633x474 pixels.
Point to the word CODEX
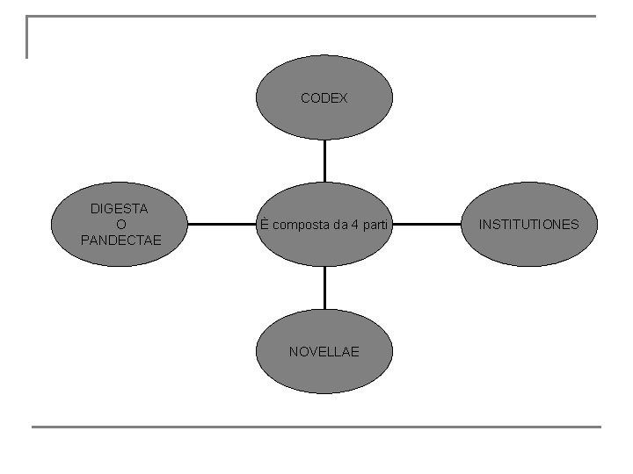[324, 98]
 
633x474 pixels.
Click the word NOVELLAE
[324, 352]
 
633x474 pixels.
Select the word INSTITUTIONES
[529, 225]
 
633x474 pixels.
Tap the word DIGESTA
[120, 209]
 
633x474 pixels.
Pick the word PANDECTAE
[120, 240]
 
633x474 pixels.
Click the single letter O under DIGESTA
[120, 224]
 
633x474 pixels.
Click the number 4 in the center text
[353, 225]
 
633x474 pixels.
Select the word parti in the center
[375, 225]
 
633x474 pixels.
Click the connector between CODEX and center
[324, 161]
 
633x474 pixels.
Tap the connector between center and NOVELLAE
[324, 288]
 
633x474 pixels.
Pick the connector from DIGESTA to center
[222, 224]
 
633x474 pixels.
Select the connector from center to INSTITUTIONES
[426, 224]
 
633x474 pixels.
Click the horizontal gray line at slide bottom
[316, 427]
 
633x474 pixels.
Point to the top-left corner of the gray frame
[28, 17]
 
